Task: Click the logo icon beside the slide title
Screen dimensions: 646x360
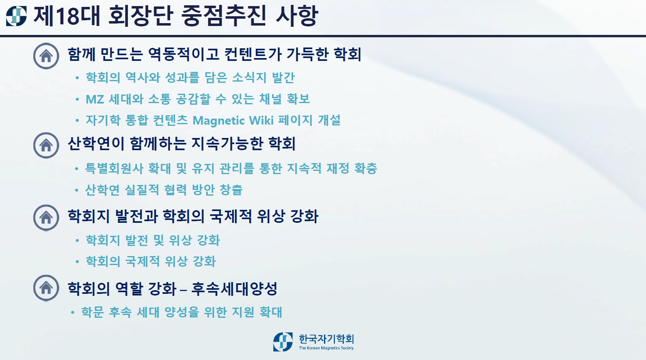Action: pyautogui.click(x=16, y=16)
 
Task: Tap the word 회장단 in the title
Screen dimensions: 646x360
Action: pyautogui.click(x=141, y=16)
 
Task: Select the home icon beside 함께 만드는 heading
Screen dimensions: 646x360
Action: pyautogui.click(x=46, y=56)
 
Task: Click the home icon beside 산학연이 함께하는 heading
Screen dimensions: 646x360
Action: pyautogui.click(x=46, y=145)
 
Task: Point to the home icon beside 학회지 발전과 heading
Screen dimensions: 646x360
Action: pyautogui.click(x=46, y=218)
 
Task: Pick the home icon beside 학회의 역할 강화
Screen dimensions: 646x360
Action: pyautogui.click(x=46, y=288)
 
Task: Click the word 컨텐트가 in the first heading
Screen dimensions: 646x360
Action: pyautogui.click(x=253, y=54)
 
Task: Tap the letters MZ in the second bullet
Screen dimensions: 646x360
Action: pyautogui.click(x=95, y=99)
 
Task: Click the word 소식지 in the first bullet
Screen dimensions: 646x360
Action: pyautogui.click(x=249, y=78)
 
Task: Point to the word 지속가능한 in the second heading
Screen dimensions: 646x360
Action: pyautogui.click(x=227, y=144)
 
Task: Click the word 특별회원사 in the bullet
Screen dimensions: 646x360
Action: pyautogui.click(x=114, y=168)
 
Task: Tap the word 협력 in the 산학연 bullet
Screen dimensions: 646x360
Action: pyautogui.click(x=175, y=190)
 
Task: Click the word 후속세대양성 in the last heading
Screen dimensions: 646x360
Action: pyautogui.click(x=234, y=289)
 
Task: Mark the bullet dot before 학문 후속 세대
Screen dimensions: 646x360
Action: pyautogui.click(x=73, y=313)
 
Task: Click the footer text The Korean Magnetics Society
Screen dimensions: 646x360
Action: pyautogui.click(x=326, y=348)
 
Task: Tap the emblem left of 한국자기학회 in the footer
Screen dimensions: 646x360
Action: pyautogui.click(x=283, y=342)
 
